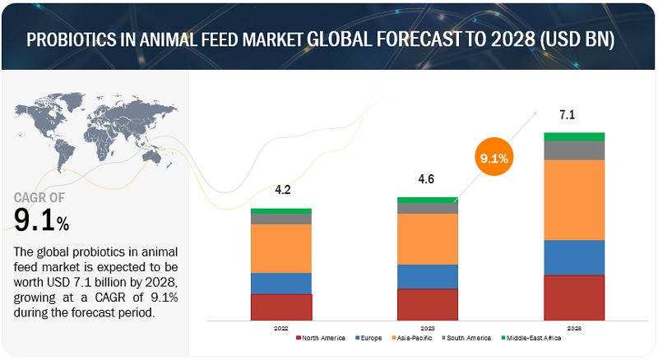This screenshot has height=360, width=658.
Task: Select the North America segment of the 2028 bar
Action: tap(574, 298)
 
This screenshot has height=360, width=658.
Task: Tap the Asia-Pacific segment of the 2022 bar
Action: tap(281, 248)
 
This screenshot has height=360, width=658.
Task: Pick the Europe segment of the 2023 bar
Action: tap(428, 276)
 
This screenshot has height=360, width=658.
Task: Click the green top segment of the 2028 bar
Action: tap(574, 136)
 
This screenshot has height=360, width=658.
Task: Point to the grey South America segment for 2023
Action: tap(428, 208)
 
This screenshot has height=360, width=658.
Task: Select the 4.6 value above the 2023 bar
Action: tap(428, 180)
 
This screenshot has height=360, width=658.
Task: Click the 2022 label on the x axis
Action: tap(281, 327)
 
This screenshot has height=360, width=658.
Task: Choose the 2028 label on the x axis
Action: tap(574, 327)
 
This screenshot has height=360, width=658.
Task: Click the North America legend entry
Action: tap(321, 338)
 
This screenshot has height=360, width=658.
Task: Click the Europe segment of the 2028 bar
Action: tap(574, 257)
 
